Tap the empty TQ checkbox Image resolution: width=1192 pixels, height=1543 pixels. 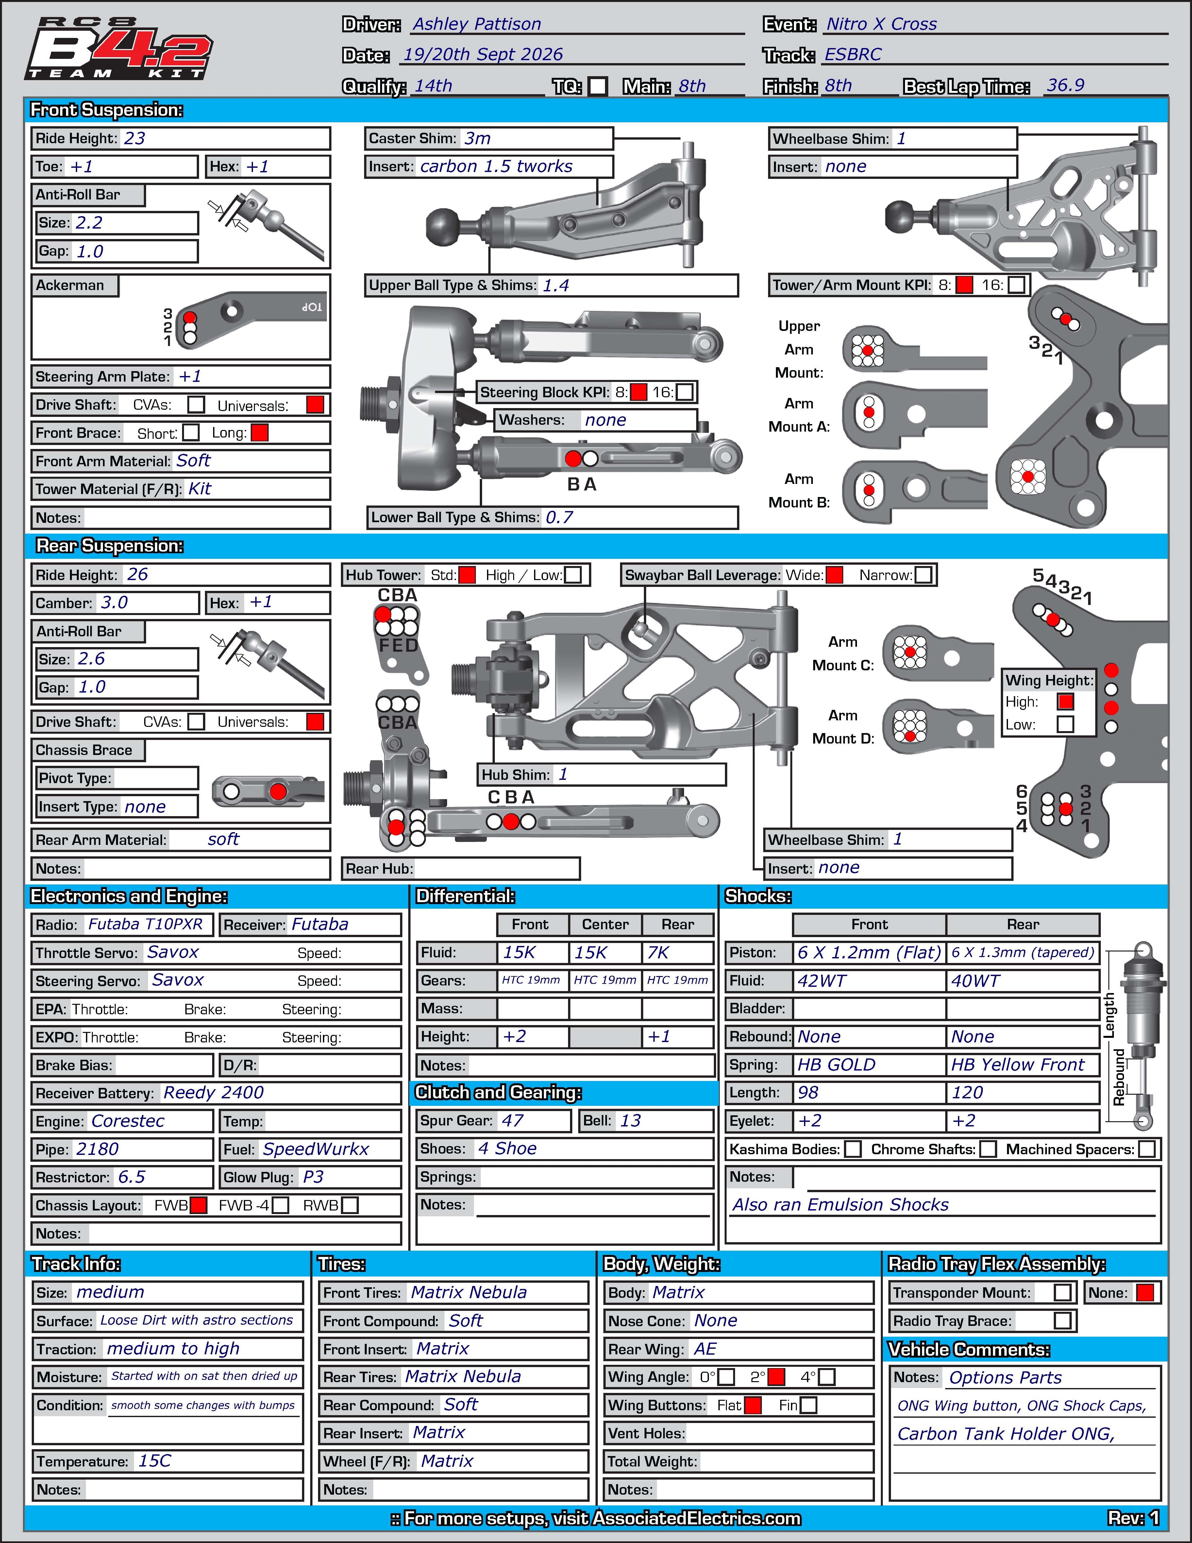click(598, 86)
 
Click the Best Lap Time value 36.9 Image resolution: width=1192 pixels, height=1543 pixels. click(1066, 85)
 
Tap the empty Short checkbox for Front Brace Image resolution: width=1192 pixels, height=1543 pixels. click(191, 432)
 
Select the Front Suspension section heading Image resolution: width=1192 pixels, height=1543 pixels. click(107, 110)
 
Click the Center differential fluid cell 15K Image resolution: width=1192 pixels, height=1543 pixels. click(590, 952)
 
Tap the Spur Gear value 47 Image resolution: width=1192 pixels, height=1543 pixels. click(513, 1121)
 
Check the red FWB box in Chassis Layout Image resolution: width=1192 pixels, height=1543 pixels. click(198, 1205)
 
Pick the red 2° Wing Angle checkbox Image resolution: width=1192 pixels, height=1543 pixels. click(776, 1377)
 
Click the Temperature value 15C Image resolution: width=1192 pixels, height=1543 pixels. click(155, 1461)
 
